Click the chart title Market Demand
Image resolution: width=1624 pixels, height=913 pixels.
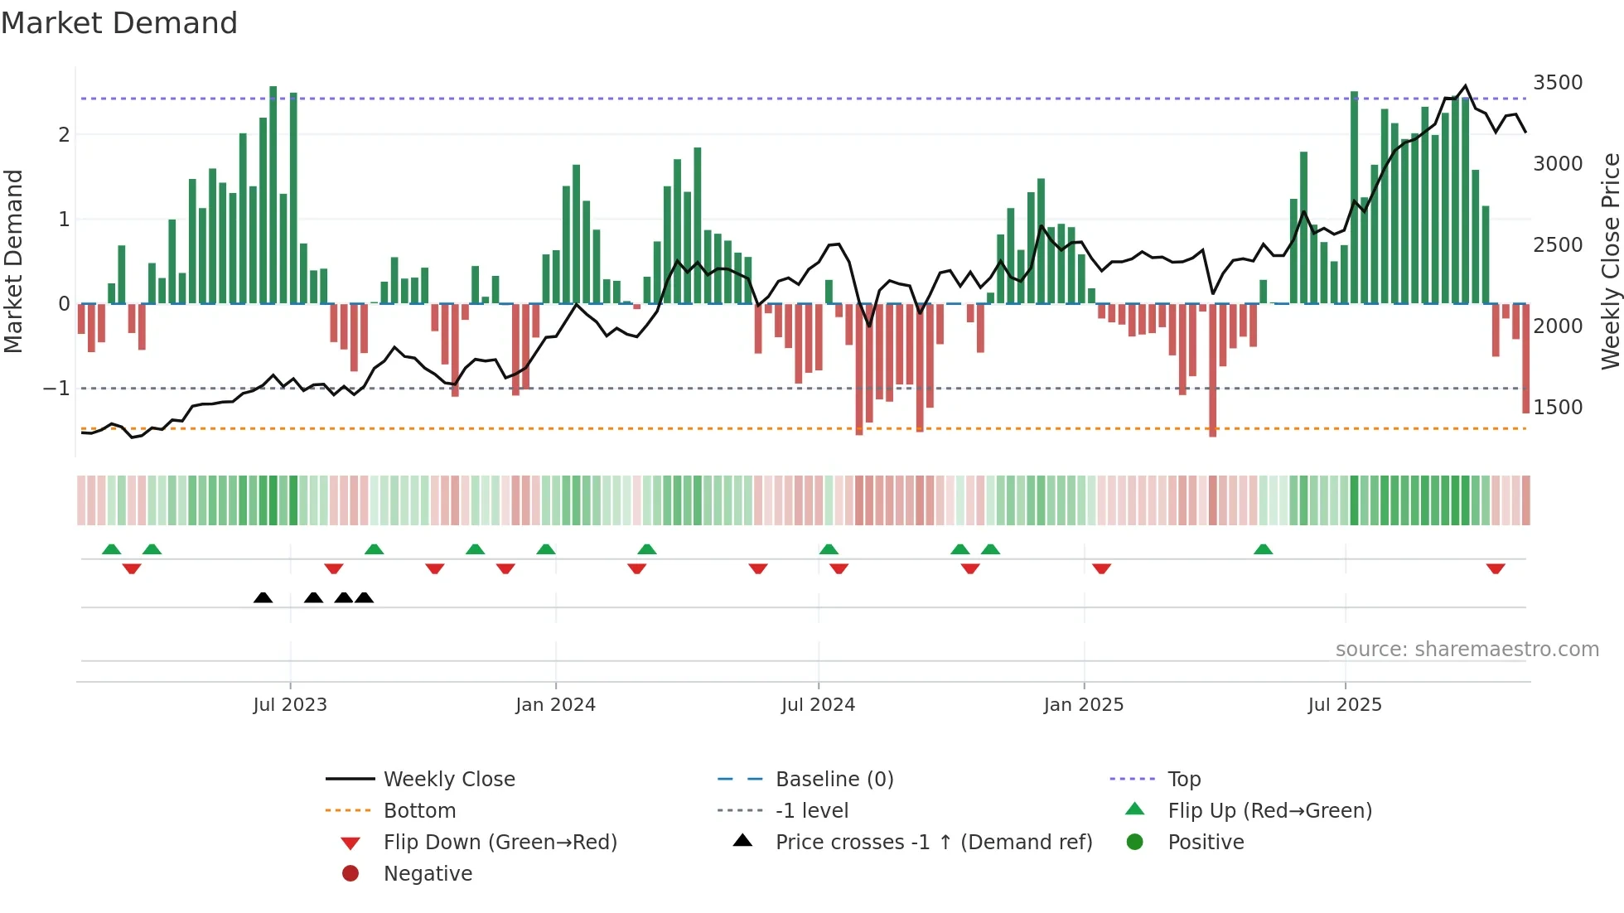pos(119,23)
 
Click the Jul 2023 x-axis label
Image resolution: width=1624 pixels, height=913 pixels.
pos(290,705)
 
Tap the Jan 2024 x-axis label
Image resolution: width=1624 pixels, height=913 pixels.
pos(555,705)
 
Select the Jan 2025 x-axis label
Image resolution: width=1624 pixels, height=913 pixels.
pos(1083,705)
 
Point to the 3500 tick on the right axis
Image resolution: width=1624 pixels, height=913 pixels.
pos(1558,83)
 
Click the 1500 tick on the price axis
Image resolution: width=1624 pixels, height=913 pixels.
pos(1558,408)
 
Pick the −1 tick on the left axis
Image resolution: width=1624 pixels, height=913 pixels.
pos(56,389)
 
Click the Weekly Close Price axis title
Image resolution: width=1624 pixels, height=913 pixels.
pos(1610,261)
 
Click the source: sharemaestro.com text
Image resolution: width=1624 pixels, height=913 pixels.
pos(1467,650)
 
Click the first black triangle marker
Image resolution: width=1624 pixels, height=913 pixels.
pos(263,598)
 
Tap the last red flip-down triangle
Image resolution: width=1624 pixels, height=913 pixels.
pos(1496,568)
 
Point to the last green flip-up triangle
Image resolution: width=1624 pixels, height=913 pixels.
pos(1263,549)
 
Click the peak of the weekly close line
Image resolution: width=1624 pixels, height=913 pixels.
pos(1466,86)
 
